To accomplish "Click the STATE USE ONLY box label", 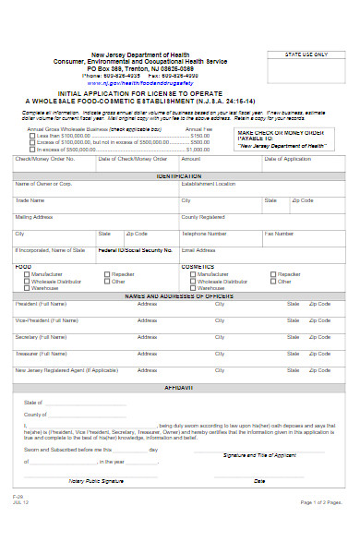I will pos(306,54).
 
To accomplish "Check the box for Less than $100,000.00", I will pos(31,136).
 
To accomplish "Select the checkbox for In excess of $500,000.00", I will pos(31,149).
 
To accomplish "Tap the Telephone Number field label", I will pos(204,234).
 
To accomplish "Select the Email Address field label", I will pos(198,250).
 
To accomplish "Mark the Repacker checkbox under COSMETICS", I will pos(274,274).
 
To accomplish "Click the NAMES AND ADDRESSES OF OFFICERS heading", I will pos(178,295).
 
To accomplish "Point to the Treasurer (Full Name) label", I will pos(41,354).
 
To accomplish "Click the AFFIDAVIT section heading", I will pos(178,389).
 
